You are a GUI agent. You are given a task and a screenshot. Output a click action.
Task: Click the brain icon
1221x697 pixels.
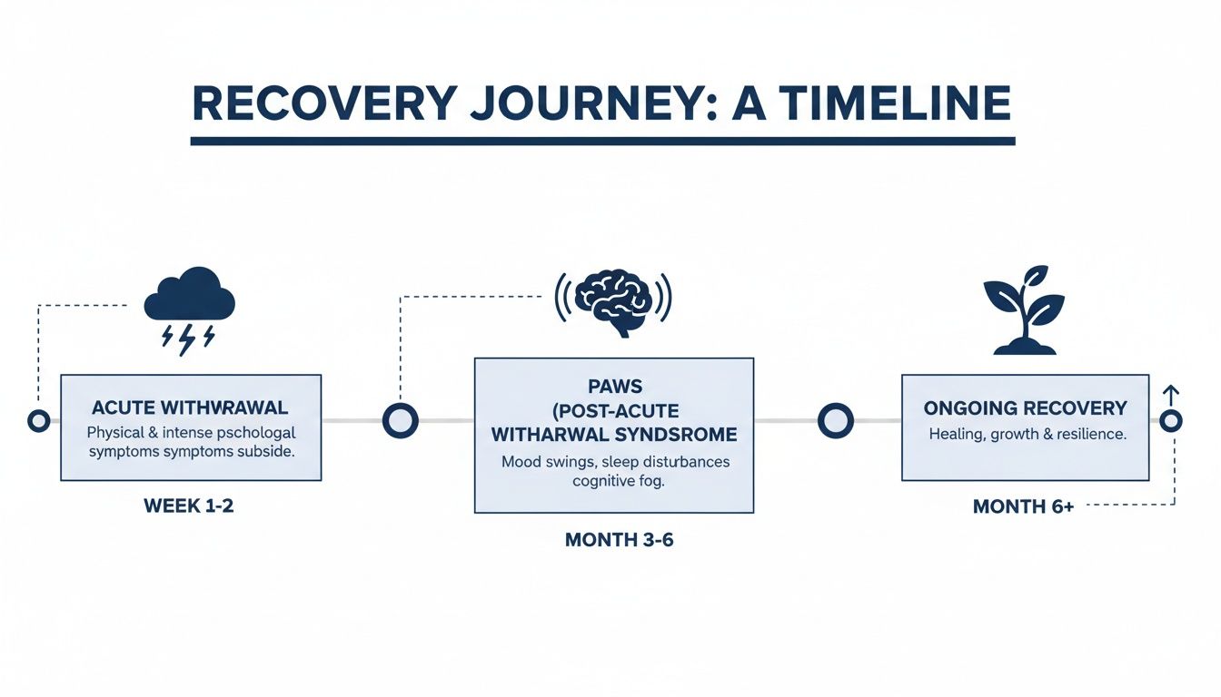tap(613, 299)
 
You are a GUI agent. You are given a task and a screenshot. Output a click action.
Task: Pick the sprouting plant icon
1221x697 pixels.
tap(1025, 310)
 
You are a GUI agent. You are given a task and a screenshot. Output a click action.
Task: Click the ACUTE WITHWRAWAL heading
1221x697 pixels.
tap(190, 408)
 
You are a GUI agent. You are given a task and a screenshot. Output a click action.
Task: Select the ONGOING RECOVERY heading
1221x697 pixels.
tap(1025, 408)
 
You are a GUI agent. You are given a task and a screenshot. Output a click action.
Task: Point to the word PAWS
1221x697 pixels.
tap(613, 388)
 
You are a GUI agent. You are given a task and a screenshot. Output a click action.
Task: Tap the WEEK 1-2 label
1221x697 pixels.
tap(189, 506)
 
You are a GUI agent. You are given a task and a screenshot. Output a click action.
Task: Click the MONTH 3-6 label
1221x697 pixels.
tap(619, 540)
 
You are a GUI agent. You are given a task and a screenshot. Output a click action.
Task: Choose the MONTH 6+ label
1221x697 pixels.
tap(1023, 506)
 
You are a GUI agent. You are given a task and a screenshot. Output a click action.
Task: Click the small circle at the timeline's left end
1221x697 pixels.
tap(38, 421)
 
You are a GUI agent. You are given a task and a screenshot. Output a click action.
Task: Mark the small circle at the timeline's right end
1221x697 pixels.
tap(1171, 421)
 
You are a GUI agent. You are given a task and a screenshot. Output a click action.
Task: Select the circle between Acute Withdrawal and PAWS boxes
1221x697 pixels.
tap(400, 421)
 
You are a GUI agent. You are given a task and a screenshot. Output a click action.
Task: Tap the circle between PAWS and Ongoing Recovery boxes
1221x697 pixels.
tap(835, 421)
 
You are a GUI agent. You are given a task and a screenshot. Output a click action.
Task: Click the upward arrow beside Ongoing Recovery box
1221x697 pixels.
tap(1170, 396)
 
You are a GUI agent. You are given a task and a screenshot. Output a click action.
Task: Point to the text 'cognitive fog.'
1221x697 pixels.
tap(619, 482)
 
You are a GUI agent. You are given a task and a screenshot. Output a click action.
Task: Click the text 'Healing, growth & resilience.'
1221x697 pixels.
tap(1027, 435)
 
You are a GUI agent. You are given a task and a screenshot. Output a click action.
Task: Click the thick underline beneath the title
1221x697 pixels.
tap(602, 141)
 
